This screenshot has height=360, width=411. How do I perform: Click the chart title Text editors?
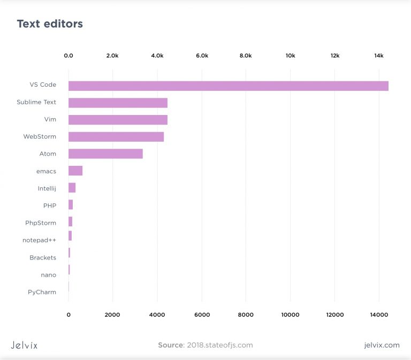50,24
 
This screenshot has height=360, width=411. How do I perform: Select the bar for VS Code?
228,86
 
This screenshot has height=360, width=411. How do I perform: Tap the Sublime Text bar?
118,103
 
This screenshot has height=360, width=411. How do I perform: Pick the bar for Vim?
118,120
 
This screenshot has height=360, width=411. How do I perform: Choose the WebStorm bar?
116,137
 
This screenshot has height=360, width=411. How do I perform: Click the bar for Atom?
105,154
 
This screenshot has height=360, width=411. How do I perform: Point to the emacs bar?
75,171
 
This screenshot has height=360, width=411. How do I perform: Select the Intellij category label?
47,188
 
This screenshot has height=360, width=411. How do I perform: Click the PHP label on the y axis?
50,205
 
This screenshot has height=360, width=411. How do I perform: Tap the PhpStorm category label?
41,223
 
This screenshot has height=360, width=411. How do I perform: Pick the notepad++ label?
39,240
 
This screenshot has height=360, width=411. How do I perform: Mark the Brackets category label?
43,257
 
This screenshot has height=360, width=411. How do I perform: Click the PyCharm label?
42,292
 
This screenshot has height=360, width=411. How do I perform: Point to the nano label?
48,275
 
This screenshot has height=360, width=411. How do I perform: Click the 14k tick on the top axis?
379,56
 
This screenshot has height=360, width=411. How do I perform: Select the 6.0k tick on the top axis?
202,56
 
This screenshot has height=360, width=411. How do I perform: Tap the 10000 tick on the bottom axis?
290,315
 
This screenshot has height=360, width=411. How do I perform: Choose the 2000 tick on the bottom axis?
112,315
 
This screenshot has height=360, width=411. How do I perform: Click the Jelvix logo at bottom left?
24,345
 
